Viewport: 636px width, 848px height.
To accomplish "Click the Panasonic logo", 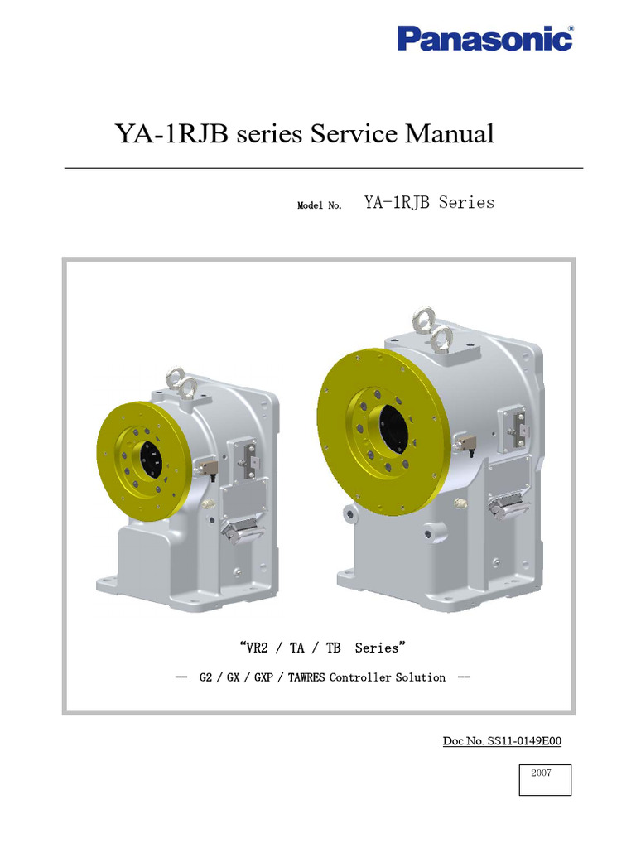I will point(484,37).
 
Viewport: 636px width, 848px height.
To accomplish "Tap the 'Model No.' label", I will point(320,205).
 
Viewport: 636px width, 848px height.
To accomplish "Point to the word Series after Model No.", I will point(466,202).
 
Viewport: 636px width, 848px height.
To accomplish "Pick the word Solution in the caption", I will point(420,677).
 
